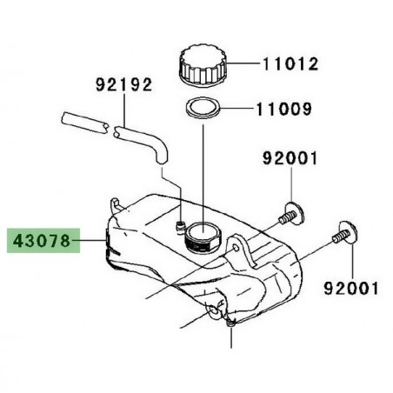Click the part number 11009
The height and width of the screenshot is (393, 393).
(x=289, y=111)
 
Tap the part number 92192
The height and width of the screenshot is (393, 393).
(x=124, y=85)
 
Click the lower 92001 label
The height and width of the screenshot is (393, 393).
(x=350, y=285)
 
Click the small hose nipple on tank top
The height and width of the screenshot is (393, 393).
(x=178, y=229)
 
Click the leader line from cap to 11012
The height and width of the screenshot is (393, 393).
(x=245, y=63)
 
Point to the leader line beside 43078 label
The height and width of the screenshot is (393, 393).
(x=92, y=239)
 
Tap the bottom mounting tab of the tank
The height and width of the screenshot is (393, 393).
(x=230, y=323)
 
